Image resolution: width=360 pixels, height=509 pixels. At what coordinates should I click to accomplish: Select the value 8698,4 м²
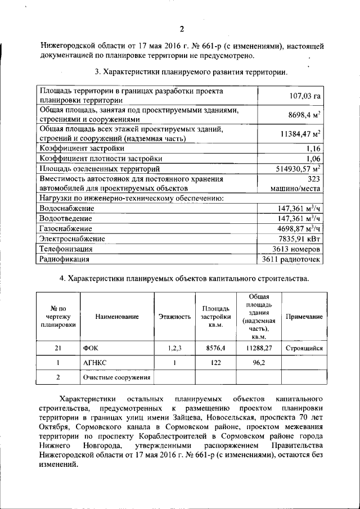click(x=304, y=115)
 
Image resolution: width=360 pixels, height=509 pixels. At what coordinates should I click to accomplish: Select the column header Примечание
click(x=304, y=317)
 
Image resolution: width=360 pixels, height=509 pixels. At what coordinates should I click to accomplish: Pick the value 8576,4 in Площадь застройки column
click(x=215, y=349)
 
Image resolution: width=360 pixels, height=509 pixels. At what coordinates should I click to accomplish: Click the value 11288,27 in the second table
click(x=259, y=349)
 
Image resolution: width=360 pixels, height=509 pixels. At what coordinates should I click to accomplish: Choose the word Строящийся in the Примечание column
click(x=304, y=349)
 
